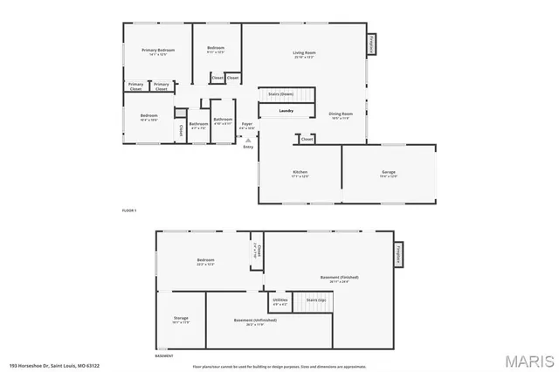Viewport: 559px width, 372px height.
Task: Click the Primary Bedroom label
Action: (159, 51)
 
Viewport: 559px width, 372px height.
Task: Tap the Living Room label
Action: (304, 53)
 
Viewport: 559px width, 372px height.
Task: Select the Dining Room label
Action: (341, 114)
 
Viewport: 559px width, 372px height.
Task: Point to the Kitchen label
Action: (300, 172)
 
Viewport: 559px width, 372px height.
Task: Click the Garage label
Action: (389, 172)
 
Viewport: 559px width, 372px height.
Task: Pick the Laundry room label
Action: (286, 111)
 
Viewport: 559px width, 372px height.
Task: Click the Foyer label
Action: (247, 124)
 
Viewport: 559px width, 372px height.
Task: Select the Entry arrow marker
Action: (248, 140)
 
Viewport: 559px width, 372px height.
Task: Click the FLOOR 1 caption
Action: (129, 210)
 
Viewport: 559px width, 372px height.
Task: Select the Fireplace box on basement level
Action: (398, 253)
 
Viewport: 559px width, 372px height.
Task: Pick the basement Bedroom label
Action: (205, 260)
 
